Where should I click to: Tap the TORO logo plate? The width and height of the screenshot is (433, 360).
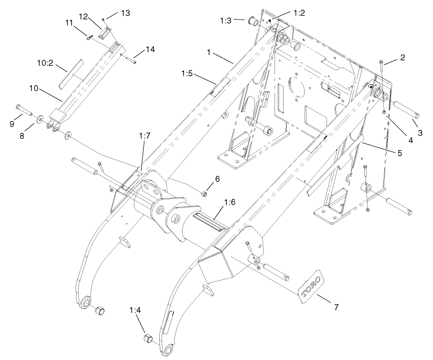310,285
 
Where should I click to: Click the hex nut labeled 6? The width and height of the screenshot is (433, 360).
204,194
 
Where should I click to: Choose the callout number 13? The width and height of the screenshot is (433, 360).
125,13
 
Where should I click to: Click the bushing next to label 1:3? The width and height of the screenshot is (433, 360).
253,22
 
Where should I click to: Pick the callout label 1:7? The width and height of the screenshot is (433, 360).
144,136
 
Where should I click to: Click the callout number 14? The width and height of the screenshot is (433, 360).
150,49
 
